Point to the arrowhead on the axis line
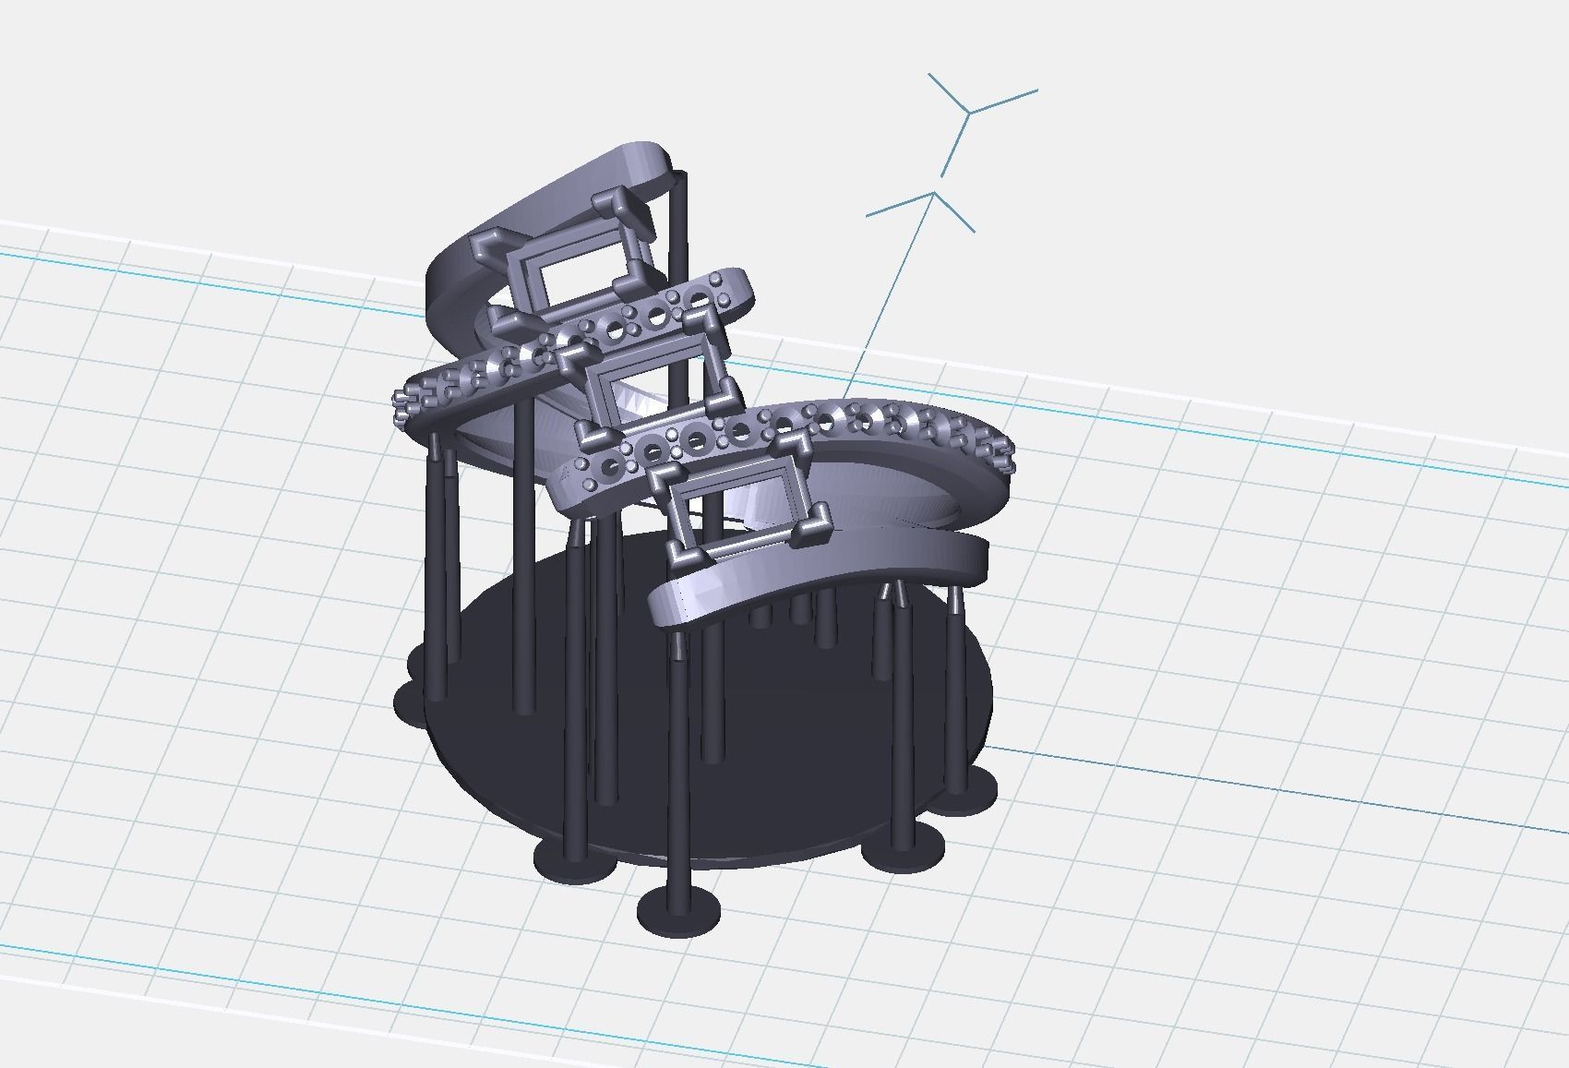coord(935,196)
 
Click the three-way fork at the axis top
coord(968,112)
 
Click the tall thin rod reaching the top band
coord(680,277)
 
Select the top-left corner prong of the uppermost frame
coord(488,245)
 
